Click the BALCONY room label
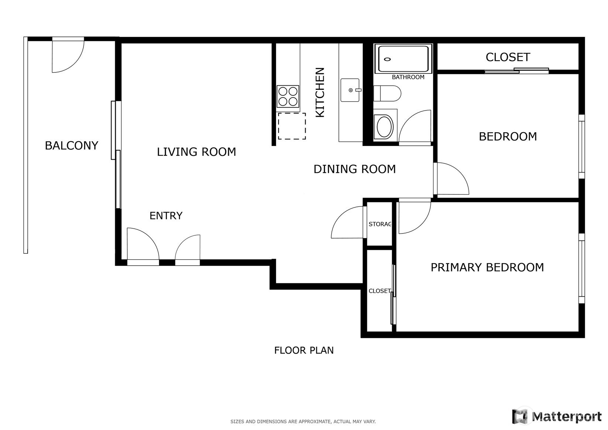click(x=71, y=146)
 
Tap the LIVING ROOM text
click(x=196, y=152)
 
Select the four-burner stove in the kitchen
click(x=288, y=96)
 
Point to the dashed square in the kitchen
click(x=292, y=126)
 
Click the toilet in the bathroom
click(x=387, y=93)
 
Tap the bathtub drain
click(x=387, y=59)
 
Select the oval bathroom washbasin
click(x=384, y=127)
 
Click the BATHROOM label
click(x=408, y=77)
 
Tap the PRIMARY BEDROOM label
click(x=487, y=267)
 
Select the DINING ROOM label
click(x=354, y=169)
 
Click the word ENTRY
click(x=166, y=216)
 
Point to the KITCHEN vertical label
click(x=320, y=92)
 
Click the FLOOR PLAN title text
click(x=304, y=351)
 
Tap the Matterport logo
click(x=557, y=416)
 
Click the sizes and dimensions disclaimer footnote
click(x=303, y=422)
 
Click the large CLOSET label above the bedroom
click(x=508, y=57)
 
